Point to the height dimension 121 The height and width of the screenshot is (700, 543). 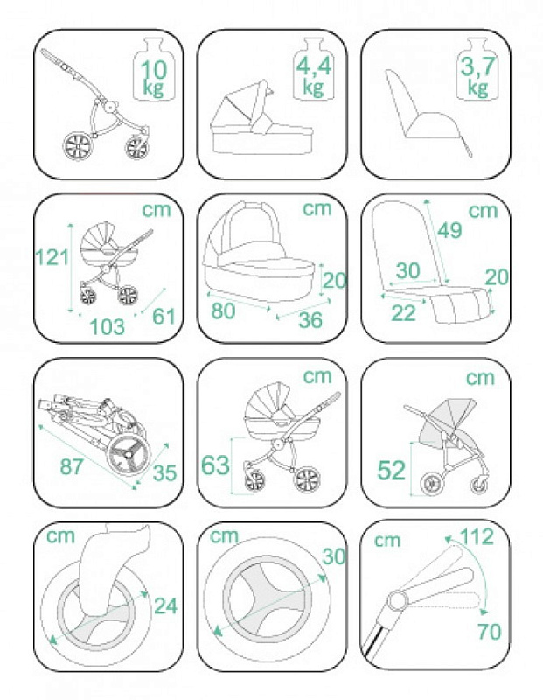pos(52,257)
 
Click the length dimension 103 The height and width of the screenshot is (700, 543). pos(107,326)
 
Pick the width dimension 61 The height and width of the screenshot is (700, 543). pos(164,316)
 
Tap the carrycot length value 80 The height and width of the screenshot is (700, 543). pos(224,310)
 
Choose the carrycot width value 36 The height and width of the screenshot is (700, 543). pos(310,319)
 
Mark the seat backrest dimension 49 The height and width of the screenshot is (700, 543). pos(449,230)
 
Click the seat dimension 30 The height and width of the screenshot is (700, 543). pos(407,270)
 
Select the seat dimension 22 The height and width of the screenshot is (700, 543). pos(403,313)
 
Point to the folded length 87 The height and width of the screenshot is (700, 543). pos(72,466)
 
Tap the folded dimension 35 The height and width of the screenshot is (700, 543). pos(164,472)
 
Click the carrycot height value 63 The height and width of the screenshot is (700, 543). pos(215,465)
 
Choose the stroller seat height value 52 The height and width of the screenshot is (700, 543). pos(392,470)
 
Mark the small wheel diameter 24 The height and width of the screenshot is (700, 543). pos(165,605)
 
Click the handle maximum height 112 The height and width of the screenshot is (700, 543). pos(477,536)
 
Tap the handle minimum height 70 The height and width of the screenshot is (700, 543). pos(489,631)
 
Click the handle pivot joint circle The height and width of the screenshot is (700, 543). pos(397,599)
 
